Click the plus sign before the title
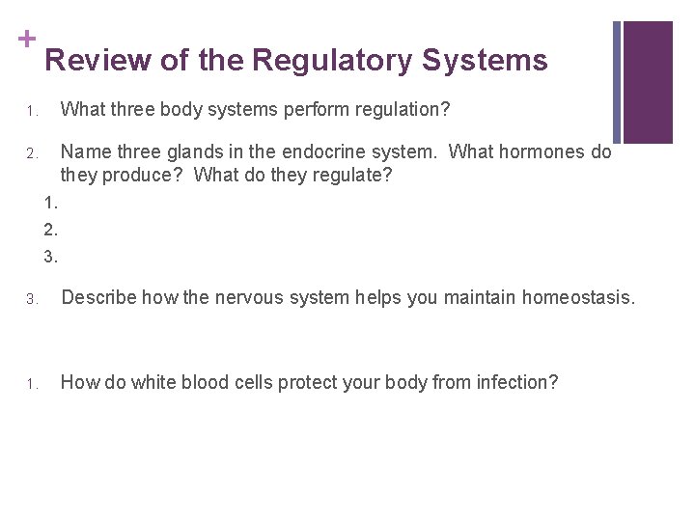[26, 39]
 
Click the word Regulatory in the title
[332, 61]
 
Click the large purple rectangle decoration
[648, 82]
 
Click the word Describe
[97, 298]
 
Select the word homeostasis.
[578, 298]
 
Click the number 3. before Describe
[31, 300]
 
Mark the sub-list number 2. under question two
[51, 230]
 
